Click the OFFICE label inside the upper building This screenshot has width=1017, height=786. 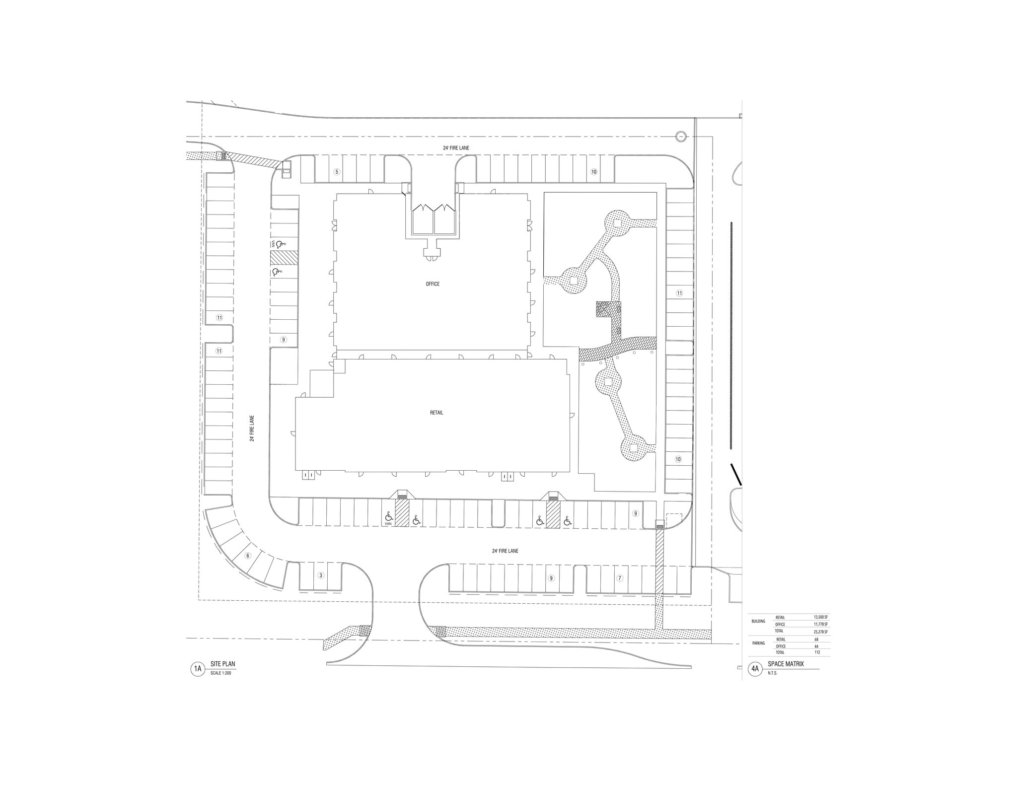point(433,284)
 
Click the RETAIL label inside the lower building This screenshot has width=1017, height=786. point(436,413)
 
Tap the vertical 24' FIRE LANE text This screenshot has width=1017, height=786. point(252,429)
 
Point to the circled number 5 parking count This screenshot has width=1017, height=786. point(337,172)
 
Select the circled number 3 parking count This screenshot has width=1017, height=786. point(321,575)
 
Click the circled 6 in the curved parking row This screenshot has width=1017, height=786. point(248,556)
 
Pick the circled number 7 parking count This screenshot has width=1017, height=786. point(619,578)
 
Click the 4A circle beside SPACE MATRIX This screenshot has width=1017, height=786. point(755,669)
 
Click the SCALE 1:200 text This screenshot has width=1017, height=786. point(221,673)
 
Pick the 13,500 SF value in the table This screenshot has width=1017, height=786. point(820,617)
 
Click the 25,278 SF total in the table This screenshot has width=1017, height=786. point(820,631)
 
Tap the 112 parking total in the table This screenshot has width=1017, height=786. point(816,652)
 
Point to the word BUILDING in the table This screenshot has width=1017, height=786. point(758,621)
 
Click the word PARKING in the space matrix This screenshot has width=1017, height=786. point(758,643)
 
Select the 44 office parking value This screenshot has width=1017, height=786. point(816,646)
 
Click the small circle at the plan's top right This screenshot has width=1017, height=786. point(681,136)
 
